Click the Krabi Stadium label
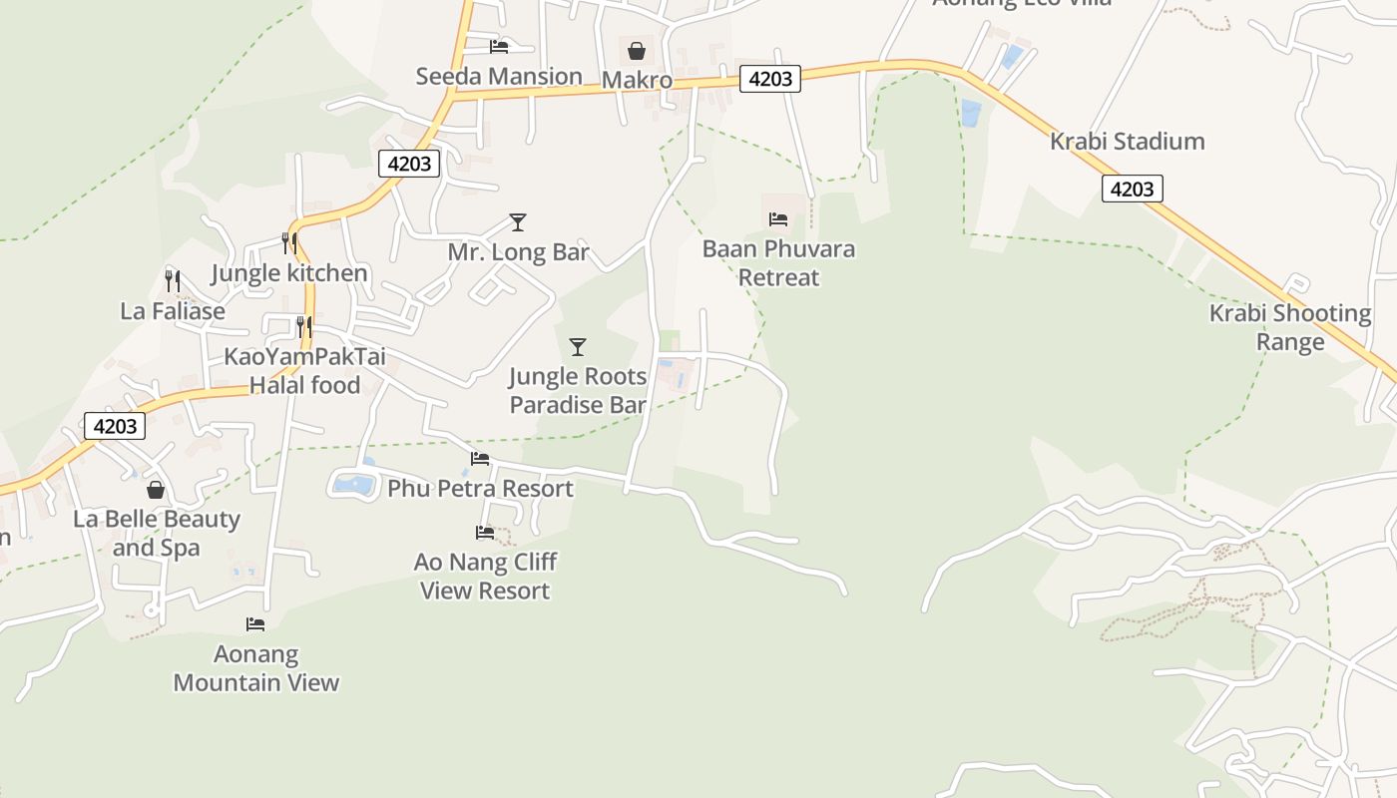pos(1127,142)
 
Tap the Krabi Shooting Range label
pos(1290,327)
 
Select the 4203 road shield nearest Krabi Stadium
pos(1132,189)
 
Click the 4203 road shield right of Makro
pos(769,79)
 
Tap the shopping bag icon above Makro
pos(637,50)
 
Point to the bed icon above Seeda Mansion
pos(499,46)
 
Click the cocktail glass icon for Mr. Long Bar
pos(517,221)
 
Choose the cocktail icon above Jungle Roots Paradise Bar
pos(577,347)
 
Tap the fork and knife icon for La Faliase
pos(172,280)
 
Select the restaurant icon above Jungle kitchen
pos(288,242)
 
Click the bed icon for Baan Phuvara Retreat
pos(778,218)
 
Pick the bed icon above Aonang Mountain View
pos(255,624)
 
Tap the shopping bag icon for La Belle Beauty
pos(156,490)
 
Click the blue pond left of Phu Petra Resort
pos(353,485)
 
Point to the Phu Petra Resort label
pos(480,489)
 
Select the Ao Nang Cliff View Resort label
pos(485,576)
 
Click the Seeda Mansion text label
pos(499,77)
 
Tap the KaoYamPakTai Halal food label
pos(304,370)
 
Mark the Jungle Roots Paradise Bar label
pos(578,390)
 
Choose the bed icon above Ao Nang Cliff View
pos(485,533)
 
